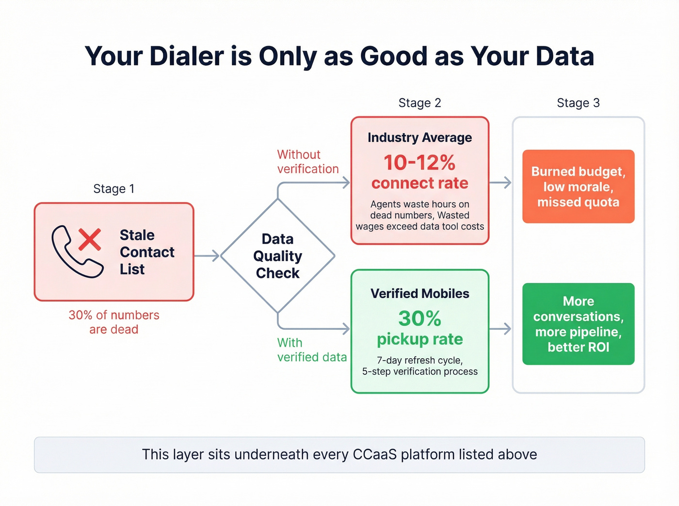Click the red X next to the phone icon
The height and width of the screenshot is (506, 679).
tap(90, 239)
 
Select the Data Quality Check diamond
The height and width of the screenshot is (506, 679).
tap(277, 256)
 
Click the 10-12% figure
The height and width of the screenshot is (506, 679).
tap(420, 163)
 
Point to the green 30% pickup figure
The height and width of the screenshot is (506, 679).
tap(420, 319)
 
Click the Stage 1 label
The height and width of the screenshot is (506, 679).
tap(113, 189)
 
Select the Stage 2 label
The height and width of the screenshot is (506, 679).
tap(420, 103)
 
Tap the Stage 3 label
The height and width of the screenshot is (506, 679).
tap(578, 103)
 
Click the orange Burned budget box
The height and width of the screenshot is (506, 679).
tap(578, 186)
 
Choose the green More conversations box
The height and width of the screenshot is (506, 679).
tap(578, 324)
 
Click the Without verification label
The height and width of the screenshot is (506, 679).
tap(307, 162)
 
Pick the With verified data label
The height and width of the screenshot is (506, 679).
tap(311, 350)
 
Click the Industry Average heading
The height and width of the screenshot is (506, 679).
tap(420, 138)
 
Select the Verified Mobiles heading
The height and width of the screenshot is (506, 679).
tap(420, 293)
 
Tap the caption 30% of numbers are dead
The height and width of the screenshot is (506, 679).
tap(114, 322)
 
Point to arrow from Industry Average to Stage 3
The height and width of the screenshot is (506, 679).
tap(501, 183)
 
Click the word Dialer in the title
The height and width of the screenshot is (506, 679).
tap(186, 56)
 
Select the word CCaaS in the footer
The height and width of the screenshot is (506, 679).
tap(374, 455)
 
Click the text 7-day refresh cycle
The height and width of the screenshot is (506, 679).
tap(420, 360)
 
